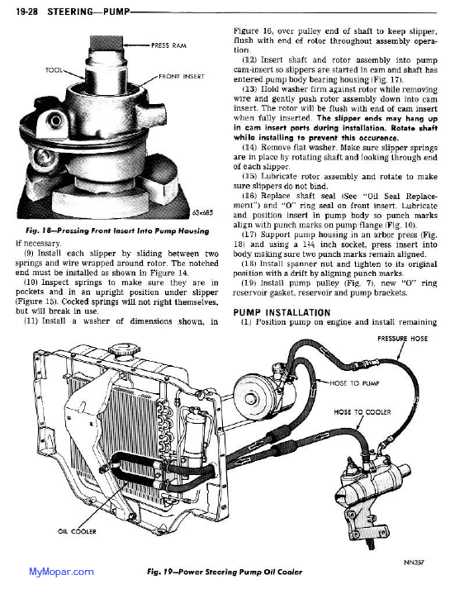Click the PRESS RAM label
pos(168,45)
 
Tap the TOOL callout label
pos(54,70)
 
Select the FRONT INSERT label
pos(182,76)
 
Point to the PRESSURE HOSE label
pos(402,339)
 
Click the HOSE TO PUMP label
pos(354,383)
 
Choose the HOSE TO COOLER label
pos(362,412)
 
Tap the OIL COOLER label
pos(77,531)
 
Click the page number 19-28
pos(26,12)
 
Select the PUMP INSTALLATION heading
pos(282,312)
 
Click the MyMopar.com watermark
pos(61,572)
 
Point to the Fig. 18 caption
pos(117,230)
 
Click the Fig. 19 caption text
pos(225,572)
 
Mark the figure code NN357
pos(414,563)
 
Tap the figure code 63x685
pos(202,212)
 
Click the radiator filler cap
pos(125,352)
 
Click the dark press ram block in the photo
pos(107,43)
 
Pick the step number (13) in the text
pos(249,89)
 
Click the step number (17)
pos(249,235)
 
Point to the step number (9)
pos(29,253)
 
